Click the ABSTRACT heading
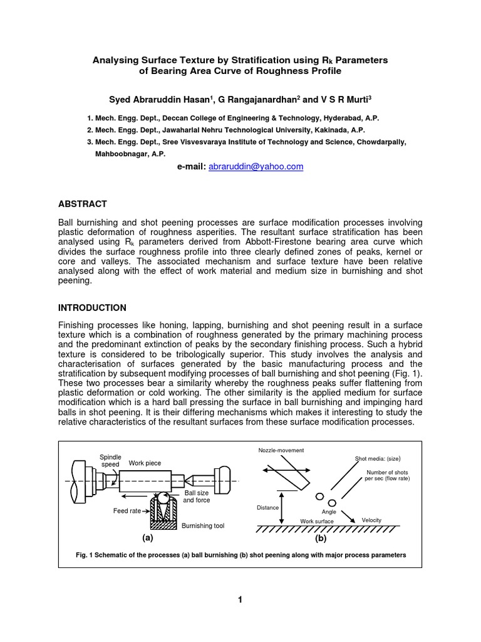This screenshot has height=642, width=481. pyautogui.click(x=83, y=204)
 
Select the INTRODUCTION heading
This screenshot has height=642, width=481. pyautogui.click(x=92, y=308)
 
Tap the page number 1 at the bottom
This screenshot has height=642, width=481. pyautogui.click(x=240, y=600)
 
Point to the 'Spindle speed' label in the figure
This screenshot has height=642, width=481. pyautogui.click(x=110, y=461)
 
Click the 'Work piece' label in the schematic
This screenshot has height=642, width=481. pyautogui.click(x=145, y=463)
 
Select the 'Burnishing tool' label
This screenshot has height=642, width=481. pyautogui.click(x=200, y=526)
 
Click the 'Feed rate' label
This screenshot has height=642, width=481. pyautogui.click(x=127, y=511)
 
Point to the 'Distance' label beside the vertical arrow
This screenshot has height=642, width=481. pyautogui.click(x=267, y=508)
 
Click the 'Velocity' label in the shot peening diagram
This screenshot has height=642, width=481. pyautogui.click(x=371, y=520)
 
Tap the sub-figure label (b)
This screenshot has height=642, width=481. pyautogui.click(x=321, y=538)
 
